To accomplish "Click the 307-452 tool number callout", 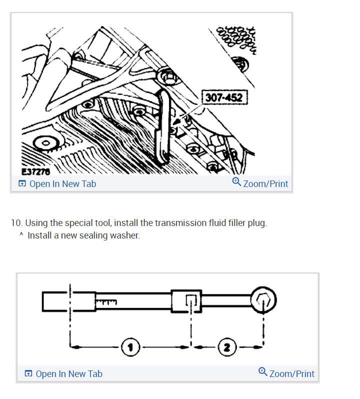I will click(223, 97).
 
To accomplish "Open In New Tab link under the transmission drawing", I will click(57, 184).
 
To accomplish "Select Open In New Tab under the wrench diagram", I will click(63, 373).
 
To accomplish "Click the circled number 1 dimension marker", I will click(130, 345).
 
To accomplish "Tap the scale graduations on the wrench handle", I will click(105, 301).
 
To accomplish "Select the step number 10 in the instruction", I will click(16, 223).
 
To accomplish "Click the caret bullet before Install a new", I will click(21, 235).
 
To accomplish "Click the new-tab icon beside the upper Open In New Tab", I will click(22, 184).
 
